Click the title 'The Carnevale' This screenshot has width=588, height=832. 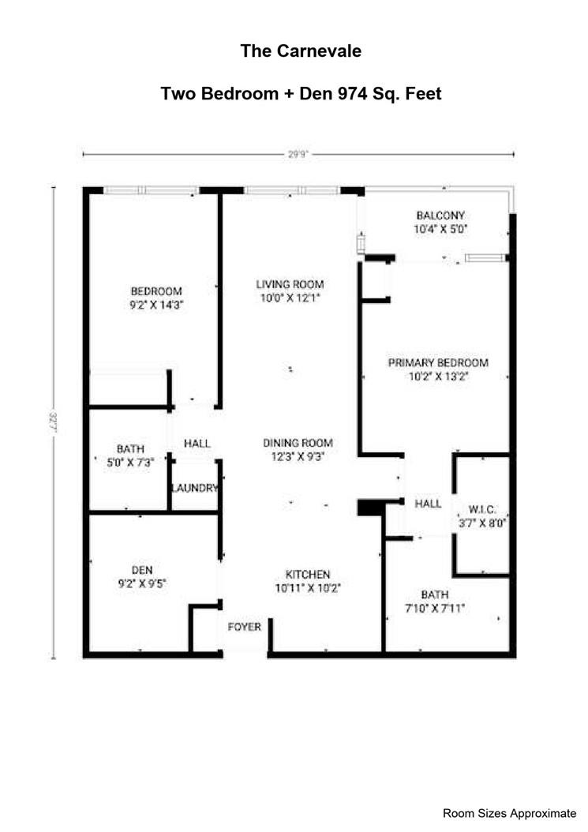[301, 51]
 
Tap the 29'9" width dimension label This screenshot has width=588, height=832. [298, 156]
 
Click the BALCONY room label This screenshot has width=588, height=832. [440, 215]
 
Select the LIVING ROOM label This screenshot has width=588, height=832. [290, 284]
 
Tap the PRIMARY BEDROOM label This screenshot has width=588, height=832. [438, 363]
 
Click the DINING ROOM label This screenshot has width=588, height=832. [298, 443]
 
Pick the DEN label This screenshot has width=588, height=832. [142, 569]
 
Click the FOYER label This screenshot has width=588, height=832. [244, 627]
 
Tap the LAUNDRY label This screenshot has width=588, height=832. [194, 489]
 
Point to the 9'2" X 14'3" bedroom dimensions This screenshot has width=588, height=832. [156, 304]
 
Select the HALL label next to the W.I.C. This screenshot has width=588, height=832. [429, 504]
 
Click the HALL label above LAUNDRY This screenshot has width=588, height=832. [197, 444]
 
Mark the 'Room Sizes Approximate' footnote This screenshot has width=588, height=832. [509, 813]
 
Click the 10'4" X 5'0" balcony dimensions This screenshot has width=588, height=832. [440, 229]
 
